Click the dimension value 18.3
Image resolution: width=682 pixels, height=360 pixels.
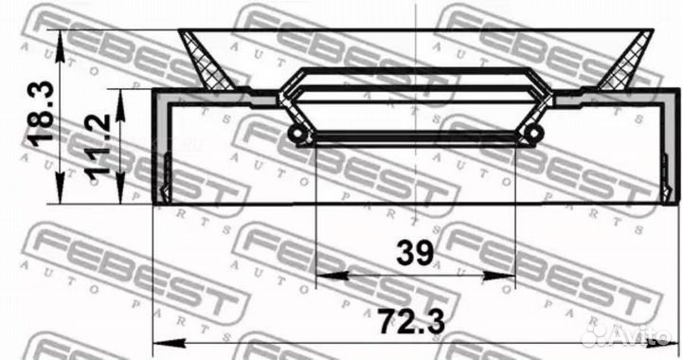[x=41, y=111]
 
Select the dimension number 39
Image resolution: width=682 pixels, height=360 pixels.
[x=415, y=253]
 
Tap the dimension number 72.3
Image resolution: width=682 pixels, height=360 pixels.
[x=410, y=322]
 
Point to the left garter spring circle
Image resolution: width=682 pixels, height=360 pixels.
[x=296, y=133]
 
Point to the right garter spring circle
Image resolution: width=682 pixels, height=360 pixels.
[x=533, y=132]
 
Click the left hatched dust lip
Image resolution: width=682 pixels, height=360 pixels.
[x=206, y=61]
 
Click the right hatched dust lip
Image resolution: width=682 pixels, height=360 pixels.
[x=626, y=61]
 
